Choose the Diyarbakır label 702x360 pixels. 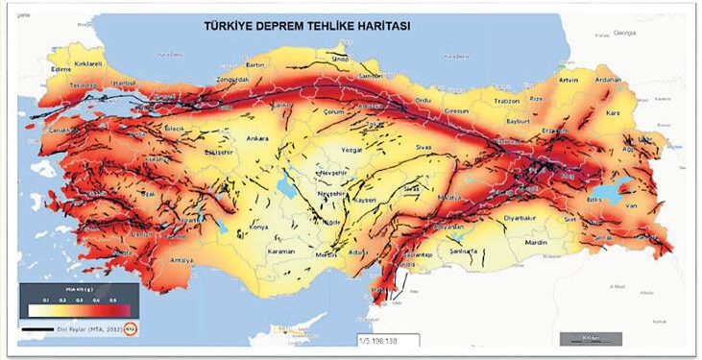520,218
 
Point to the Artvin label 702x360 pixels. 568,80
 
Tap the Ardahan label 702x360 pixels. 609,80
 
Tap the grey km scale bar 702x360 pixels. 590,338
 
